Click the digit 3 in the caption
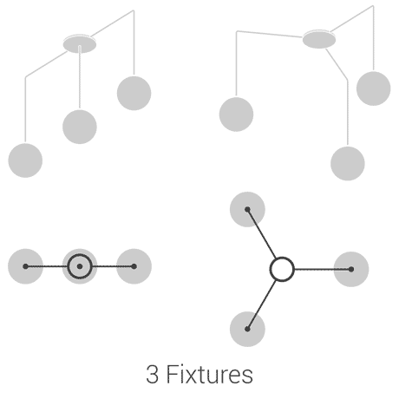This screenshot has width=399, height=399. coord(152,375)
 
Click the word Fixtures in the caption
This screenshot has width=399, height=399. coord(210,374)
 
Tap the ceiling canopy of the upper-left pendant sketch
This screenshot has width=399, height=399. coord(80,44)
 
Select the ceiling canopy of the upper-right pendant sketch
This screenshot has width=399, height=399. coord(319,39)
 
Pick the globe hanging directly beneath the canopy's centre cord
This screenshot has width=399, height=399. coord(80,127)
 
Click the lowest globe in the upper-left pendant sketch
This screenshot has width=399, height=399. coord(25,160)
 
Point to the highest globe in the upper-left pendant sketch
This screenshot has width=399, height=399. coord(134,93)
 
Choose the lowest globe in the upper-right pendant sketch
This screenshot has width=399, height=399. coord(348,163)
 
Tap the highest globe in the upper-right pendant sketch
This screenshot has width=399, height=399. coord(374,88)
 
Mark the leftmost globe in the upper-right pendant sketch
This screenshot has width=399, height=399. coord(236,114)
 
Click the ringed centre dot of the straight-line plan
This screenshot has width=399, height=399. coord(80,266)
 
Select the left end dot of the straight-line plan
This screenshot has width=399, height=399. coord(25,266)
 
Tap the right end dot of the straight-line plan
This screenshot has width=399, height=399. coord(134,266)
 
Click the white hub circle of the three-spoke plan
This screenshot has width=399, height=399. coord(282,269)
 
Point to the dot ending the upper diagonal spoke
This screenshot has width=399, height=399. coord(247,209)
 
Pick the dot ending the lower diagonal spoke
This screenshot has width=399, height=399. coord(247,329)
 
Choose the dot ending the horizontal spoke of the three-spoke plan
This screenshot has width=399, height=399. coord(351,269)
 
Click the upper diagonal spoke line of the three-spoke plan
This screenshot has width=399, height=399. coord(261,233)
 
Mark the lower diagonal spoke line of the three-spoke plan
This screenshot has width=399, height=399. coord(261,304)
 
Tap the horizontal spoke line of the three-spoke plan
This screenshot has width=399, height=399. coord(323,269)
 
